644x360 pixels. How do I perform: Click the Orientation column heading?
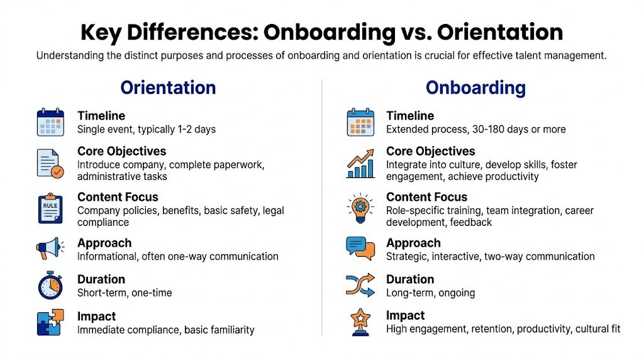pos(168,87)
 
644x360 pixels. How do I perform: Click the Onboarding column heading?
pos(475,87)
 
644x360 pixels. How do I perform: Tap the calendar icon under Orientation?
pos(50,122)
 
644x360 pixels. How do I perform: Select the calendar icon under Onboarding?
pos(360,122)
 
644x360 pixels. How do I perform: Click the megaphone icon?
pos(50,249)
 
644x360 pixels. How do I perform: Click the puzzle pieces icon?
pos(50,322)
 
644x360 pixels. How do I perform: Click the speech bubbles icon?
pos(360,249)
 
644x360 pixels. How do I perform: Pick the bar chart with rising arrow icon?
pos(360,164)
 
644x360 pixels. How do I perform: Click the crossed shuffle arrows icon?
pos(360,285)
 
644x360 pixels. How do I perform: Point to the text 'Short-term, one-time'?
pos(125,293)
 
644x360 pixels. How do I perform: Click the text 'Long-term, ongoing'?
pos(430,293)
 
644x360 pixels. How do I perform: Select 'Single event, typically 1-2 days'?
pos(147,130)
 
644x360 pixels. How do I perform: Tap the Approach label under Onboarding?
pos(413,243)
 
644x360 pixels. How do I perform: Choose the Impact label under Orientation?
pos(96,316)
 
